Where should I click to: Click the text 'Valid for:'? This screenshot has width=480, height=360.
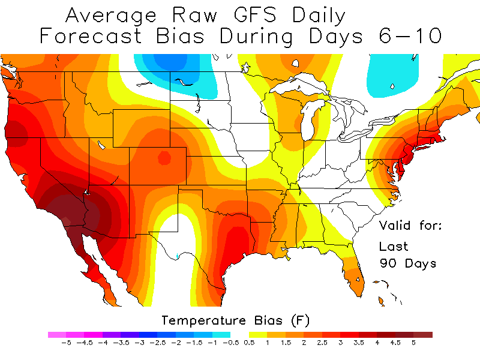pyautogui.click(x=410, y=226)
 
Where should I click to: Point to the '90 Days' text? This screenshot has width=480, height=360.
pyautogui.click(x=408, y=263)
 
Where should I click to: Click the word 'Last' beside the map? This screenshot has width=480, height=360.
pyautogui.click(x=394, y=246)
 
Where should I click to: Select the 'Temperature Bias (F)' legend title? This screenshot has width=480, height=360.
pyautogui.click(x=236, y=320)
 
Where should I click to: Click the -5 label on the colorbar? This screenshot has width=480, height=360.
pyautogui.click(x=66, y=344)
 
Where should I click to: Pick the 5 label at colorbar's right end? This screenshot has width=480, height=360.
pyautogui.click(x=413, y=344)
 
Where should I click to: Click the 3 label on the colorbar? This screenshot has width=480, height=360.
pyautogui.click(x=340, y=344)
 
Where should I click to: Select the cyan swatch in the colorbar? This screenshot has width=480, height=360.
pyautogui.click(x=221, y=335)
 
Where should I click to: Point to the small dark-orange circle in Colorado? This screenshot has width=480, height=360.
pyautogui.click(x=163, y=158)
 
